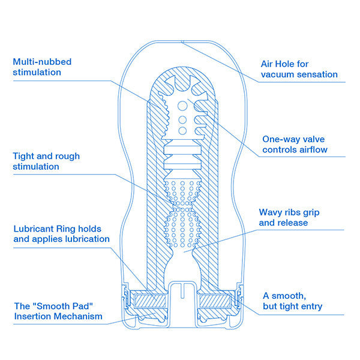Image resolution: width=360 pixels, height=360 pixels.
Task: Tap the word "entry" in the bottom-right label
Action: (308, 307)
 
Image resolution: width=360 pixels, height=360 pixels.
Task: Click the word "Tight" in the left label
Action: (25, 156)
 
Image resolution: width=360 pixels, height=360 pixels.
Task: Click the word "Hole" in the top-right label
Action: (292, 64)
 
